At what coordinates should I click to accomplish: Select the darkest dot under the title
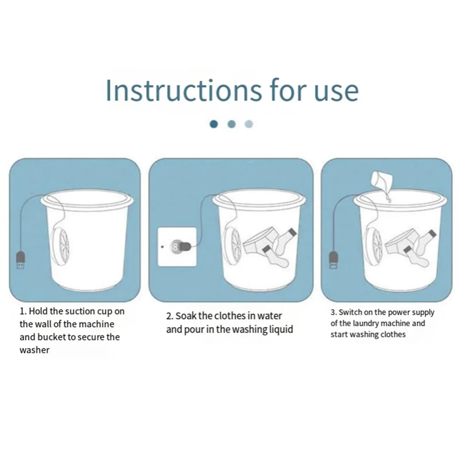214,124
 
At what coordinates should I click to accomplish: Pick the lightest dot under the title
249,124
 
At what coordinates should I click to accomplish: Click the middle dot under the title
231,124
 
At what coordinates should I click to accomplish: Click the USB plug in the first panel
21,261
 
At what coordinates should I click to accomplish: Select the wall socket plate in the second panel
176,246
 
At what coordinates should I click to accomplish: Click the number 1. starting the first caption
23,311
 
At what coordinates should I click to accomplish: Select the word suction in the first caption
80,311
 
